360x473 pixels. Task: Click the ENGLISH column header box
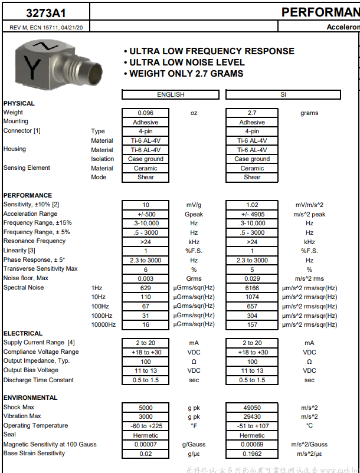point(171,94)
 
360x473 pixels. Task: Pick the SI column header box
point(283,94)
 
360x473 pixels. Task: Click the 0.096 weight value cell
point(145,113)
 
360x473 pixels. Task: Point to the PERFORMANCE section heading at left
point(28,195)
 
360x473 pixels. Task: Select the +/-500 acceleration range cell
point(145,214)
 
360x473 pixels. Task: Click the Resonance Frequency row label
point(34,241)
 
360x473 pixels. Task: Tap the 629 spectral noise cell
point(145,288)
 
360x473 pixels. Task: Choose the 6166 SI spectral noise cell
point(252,288)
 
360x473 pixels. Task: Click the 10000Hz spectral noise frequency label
point(103,324)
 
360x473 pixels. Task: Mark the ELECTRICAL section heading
point(23,334)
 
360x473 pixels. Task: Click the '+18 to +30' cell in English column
point(145,352)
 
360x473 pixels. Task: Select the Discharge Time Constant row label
point(38,380)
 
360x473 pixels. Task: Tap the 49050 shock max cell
point(252,408)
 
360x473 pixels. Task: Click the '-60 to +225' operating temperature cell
point(145,426)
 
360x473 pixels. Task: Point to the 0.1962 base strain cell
point(252,454)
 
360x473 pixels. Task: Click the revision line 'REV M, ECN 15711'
point(46,28)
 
